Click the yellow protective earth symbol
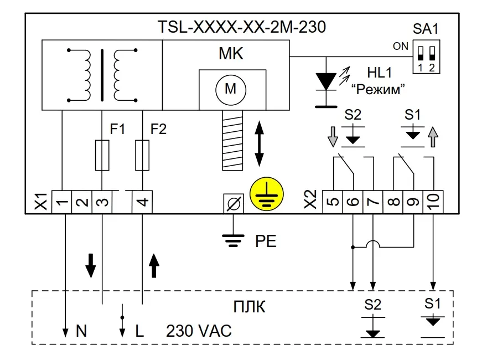tap(267, 194)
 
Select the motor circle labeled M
tap(231, 90)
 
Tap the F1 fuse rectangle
tap(102, 155)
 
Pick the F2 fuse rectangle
tap(142, 155)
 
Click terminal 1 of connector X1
tap(61, 202)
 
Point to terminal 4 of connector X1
tap(142, 202)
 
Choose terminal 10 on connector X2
tap(433, 202)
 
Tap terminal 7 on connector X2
tap(372, 202)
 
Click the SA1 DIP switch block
tap(426, 56)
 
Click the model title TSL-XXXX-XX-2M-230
tap(242, 27)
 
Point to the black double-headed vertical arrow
tap(259, 143)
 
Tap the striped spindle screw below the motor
tap(232, 140)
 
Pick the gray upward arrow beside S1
tap(433, 137)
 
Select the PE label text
tap(266, 241)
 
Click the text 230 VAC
tap(199, 331)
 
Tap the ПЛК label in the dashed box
tap(250, 307)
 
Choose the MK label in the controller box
tap(231, 54)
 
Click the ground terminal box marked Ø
tap(234, 204)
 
